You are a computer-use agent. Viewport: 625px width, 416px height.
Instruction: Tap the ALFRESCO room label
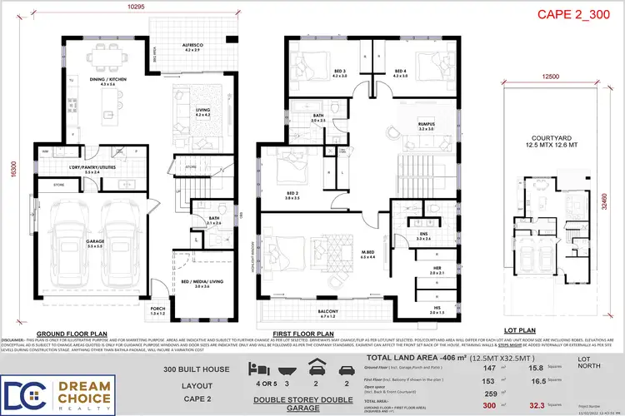pyautogui.click(x=192, y=47)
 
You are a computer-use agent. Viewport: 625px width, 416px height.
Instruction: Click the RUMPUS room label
pyautogui.click(x=427, y=126)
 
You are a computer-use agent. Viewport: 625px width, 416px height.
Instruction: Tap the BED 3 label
pyautogui.click(x=315, y=72)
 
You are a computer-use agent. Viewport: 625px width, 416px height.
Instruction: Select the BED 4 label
pyautogui.click(x=400, y=72)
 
